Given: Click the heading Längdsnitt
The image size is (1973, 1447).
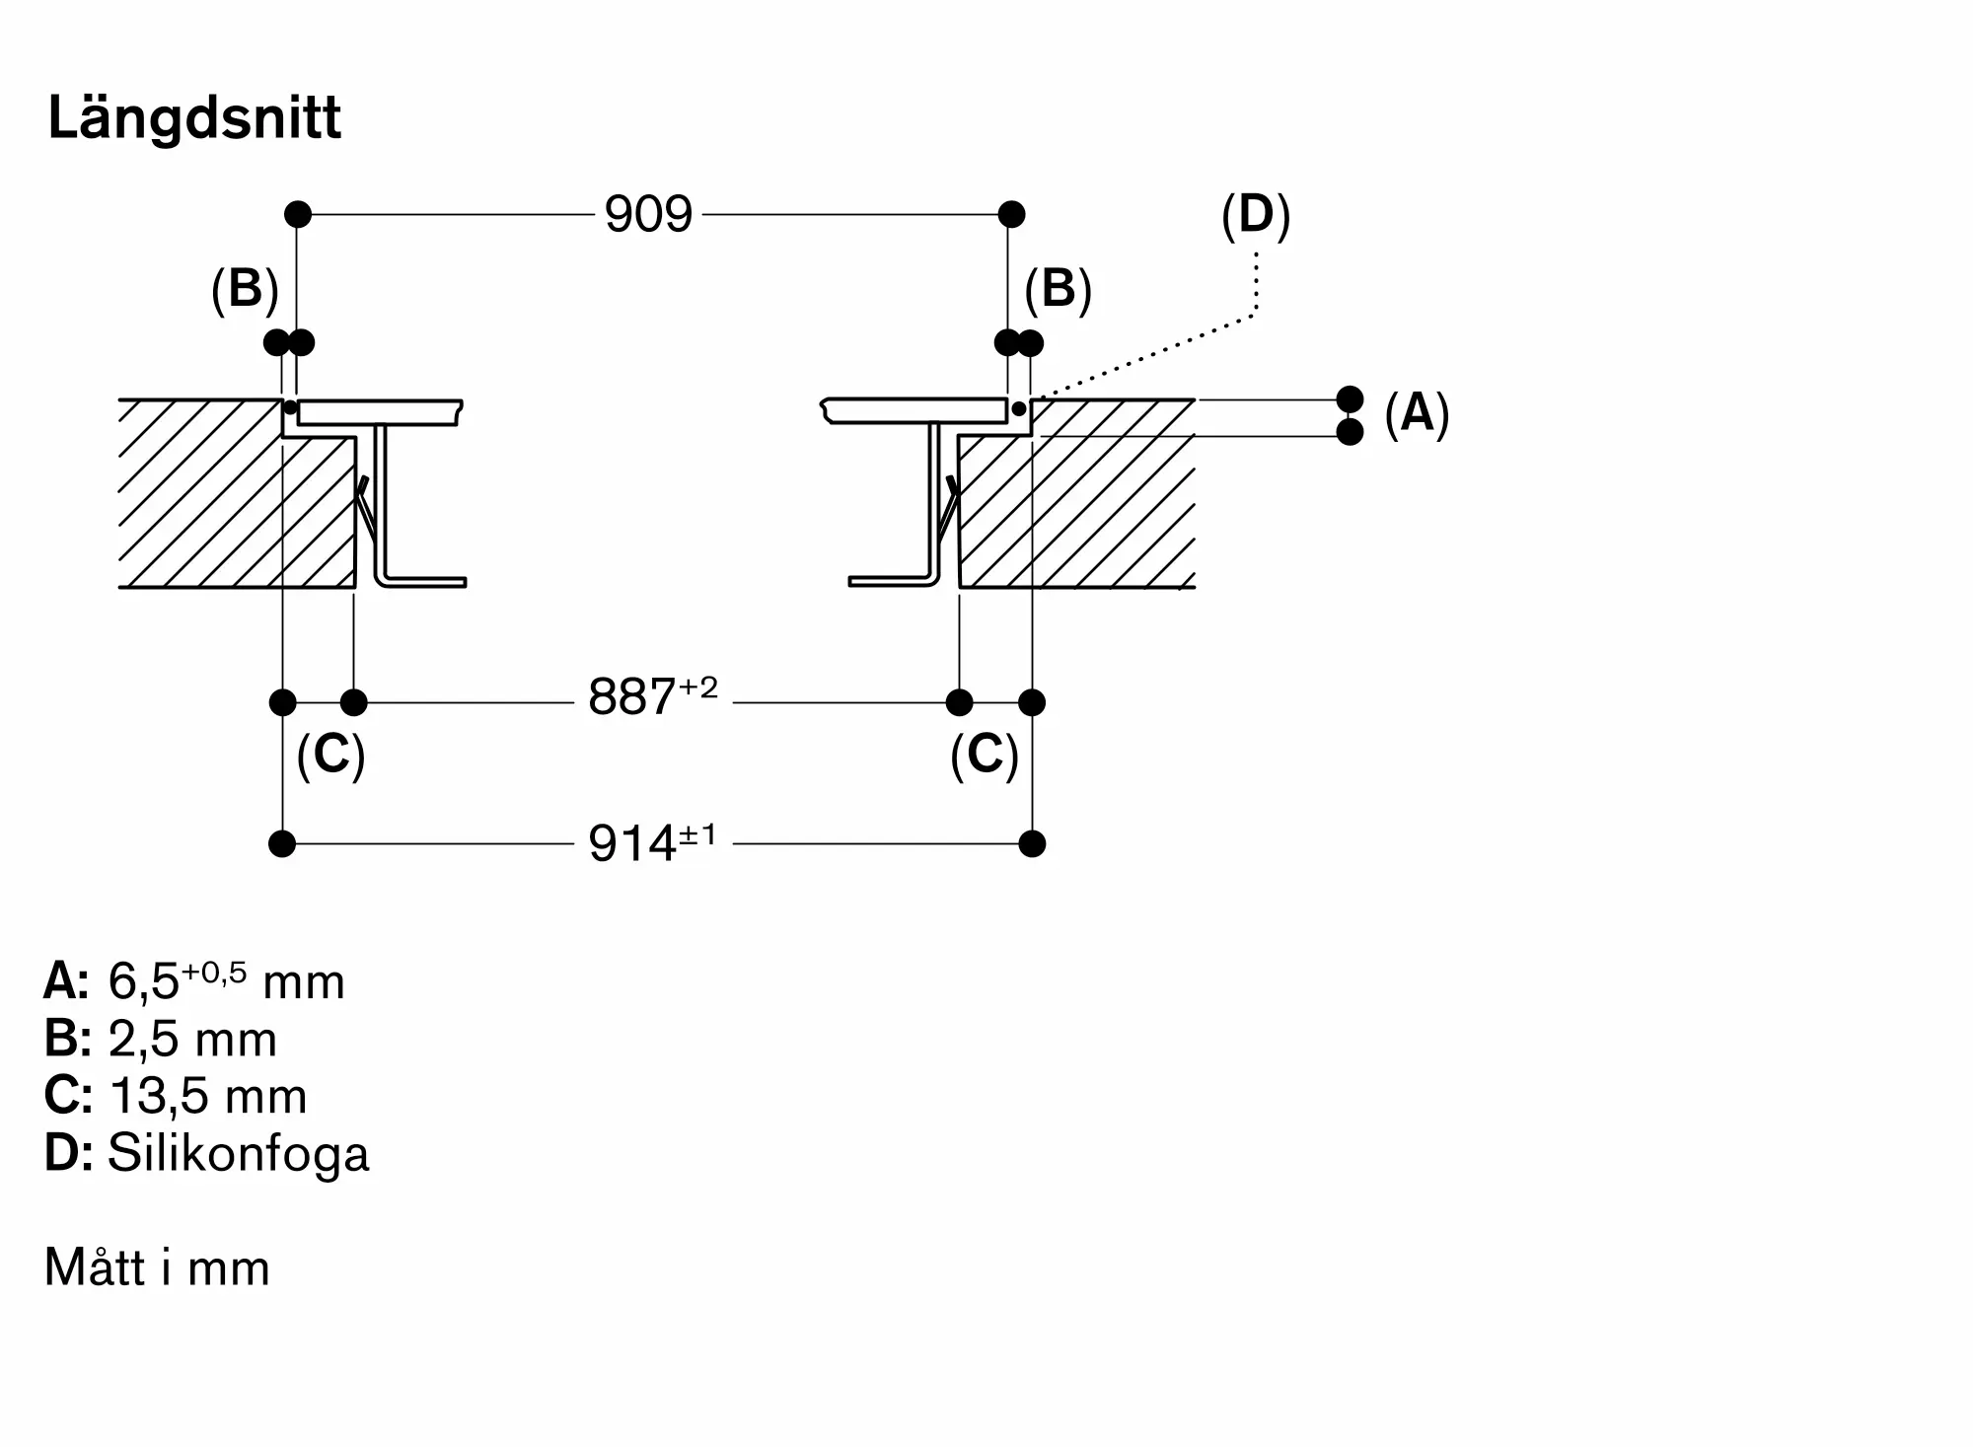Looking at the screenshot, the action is pos(194,119).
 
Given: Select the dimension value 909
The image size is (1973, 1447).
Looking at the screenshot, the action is pos(648,214).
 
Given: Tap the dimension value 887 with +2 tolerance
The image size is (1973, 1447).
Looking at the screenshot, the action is pos(652,695).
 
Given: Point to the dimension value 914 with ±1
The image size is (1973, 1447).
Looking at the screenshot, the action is pos(652,842).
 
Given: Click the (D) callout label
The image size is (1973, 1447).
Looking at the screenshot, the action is pos(1256,215).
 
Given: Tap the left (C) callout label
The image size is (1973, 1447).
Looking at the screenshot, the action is pos(330,756).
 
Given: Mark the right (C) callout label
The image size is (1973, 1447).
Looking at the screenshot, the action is pos(984,756).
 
